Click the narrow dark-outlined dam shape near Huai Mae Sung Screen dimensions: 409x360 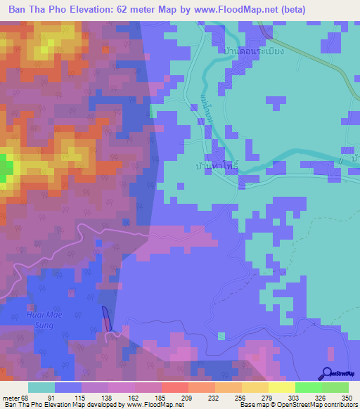106,319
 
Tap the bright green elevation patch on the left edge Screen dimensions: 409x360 6,169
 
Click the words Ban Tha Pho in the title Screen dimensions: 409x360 36,11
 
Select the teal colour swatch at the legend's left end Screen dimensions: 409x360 41,387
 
